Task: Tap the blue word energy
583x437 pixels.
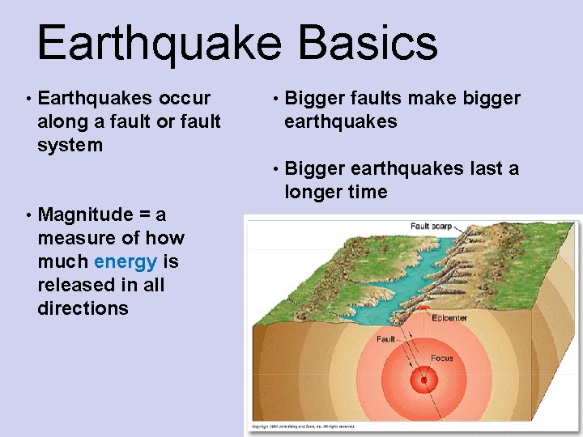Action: [x=126, y=261]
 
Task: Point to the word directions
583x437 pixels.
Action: [x=83, y=308]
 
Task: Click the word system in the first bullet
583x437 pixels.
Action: [x=70, y=145]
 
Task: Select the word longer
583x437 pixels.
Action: [x=315, y=192]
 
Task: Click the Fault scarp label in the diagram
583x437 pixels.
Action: [x=431, y=227]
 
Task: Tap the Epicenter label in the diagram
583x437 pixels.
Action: [x=449, y=318]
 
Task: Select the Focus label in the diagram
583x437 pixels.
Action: [x=442, y=357]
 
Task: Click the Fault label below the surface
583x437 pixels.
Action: [x=386, y=339]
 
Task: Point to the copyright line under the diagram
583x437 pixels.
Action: [x=304, y=426]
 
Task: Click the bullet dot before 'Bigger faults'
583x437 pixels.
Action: [x=275, y=99]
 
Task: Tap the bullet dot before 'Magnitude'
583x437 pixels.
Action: [x=28, y=215]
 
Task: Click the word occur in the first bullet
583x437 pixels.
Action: [x=185, y=98]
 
